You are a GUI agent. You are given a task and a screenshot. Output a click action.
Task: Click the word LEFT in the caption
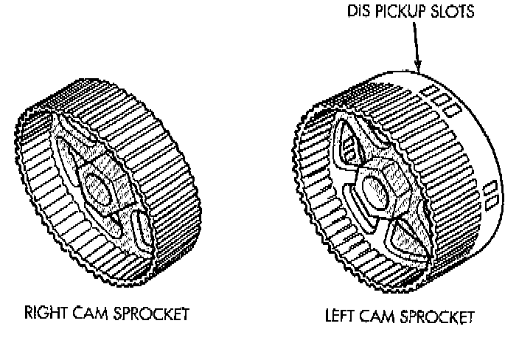click(x=341, y=317)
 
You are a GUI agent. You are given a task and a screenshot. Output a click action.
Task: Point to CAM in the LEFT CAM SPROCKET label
click(x=380, y=317)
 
